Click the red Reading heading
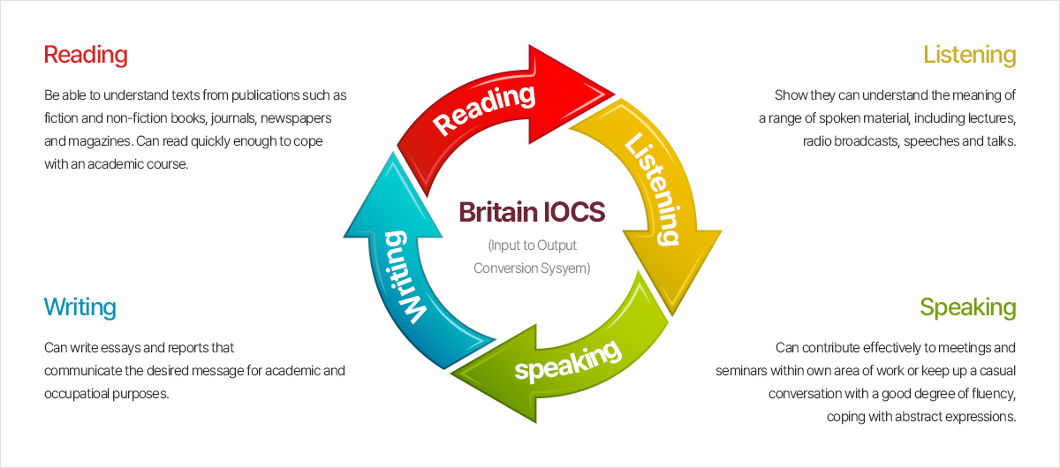click(86, 55)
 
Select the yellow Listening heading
click(969, 55)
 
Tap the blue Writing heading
click(79, 307)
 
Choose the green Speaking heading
click(967, 307)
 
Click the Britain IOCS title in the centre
click(531, 213)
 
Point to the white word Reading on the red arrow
click(486, 108)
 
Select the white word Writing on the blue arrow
click(405, 275)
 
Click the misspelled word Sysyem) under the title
click(564, 268)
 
